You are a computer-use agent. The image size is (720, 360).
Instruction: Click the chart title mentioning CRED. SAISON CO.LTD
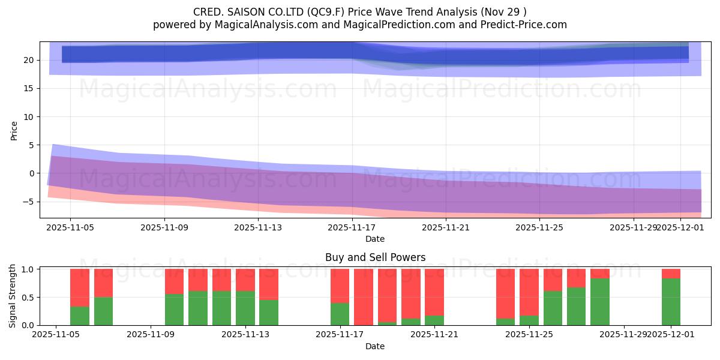[360, 12]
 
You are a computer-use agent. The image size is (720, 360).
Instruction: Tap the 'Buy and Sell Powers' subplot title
[375, 257]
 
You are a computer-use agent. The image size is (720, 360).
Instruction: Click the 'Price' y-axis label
[14, 130]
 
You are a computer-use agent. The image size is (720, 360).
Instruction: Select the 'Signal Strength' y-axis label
[13, 296]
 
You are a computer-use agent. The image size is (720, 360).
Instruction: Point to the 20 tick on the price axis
[28, 60]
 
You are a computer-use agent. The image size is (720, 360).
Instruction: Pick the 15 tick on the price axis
[28, 88]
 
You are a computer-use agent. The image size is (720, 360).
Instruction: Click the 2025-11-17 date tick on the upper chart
[352, 227]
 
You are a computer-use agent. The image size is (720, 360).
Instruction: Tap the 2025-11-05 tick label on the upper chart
[70, 227]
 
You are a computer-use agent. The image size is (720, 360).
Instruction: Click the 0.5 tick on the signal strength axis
[28, 298]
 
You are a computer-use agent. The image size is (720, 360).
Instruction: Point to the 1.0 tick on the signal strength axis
[28, 269]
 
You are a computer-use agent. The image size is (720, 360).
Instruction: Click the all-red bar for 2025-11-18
[364, 297]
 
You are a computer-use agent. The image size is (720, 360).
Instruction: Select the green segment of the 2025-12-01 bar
[671, 302]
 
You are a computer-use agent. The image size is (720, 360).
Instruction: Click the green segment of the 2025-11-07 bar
[103, 311]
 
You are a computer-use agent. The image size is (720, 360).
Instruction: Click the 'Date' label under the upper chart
[375, 239]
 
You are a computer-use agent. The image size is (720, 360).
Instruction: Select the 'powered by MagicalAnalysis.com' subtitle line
[360, 25]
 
